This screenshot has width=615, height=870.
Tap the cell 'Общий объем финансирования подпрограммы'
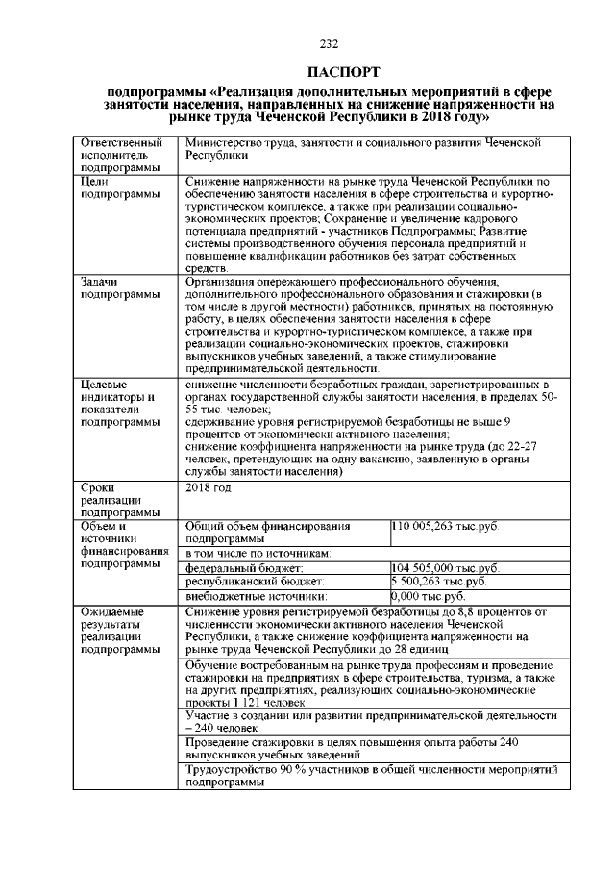(x=268, y=533)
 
